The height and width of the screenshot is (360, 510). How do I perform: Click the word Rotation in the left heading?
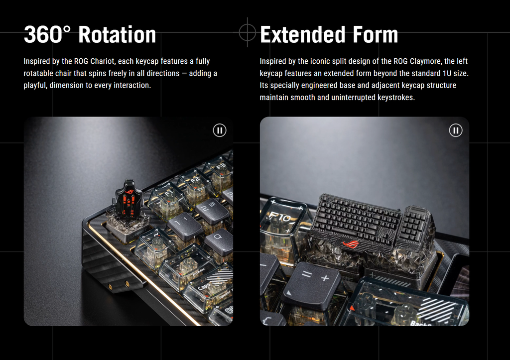click(117, 34)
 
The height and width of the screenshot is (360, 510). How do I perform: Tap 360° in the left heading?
click(47, 34)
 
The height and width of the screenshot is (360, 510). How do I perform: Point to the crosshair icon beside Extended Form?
click(248, 32)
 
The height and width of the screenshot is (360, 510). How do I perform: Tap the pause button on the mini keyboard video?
click(456, 130)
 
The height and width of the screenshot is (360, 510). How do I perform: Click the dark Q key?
click(219, 240)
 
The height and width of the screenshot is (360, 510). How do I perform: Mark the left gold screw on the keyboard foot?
click(110, 286)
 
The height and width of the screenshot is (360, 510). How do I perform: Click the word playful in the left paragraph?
click(35, 86)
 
